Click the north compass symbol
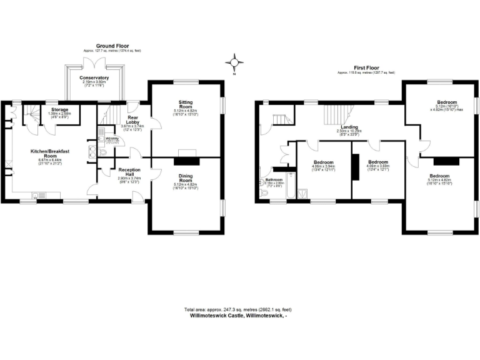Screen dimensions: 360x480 [235, 62]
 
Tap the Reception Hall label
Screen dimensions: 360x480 [129, 172]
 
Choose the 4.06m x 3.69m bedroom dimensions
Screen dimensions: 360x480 [379, 167]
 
